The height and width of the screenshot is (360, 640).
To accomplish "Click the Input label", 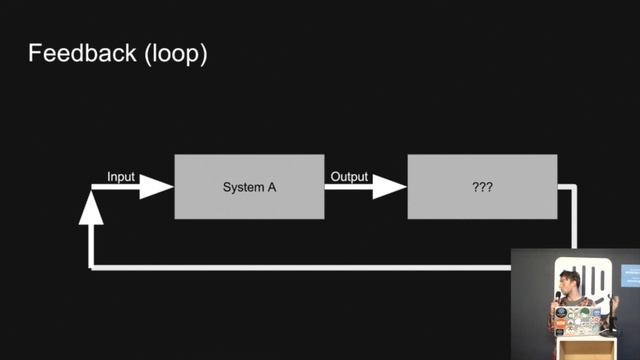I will pyautogui.click(x=121, y=177).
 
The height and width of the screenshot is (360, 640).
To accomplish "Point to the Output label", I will pyautogui.click(x=349, y=177).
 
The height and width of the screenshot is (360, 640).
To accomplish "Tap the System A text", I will pyautogui.click(x=249, y=187).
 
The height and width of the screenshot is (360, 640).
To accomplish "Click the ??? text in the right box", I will pyautogui.click(x=482, y=187).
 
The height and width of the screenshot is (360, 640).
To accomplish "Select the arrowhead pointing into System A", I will pyautogui.click(x=157, y=187).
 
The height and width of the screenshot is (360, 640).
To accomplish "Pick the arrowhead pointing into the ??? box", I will pyautogui.click(x=390, y=187).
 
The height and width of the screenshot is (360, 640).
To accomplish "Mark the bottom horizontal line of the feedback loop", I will pyautogui.click(x=300, y=267).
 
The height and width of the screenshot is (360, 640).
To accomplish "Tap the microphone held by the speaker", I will pyautogui.click(x=557, y=296).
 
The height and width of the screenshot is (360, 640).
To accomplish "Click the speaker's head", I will pyautogui.click(x=568, y=281).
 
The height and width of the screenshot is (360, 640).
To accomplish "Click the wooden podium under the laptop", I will pyautogui.click(x=580, y=347).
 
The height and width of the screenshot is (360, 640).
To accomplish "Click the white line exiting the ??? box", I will pyautogui.click(x=575, y=215).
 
